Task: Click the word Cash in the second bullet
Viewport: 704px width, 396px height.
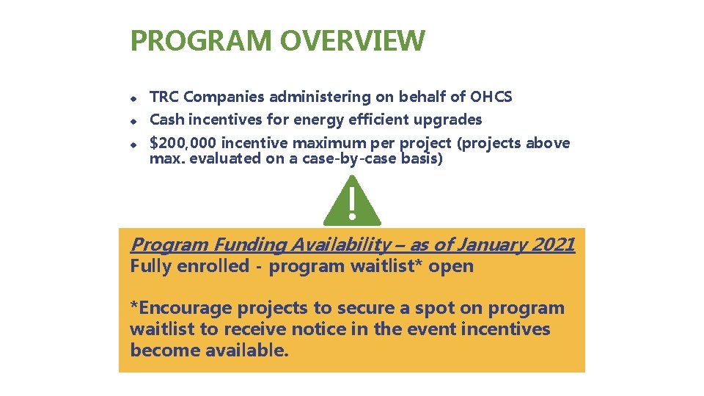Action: [166, 120]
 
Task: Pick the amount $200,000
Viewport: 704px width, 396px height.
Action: [183, 143]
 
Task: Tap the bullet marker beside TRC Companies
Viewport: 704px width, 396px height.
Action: [134, 98]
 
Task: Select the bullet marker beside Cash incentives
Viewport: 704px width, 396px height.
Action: [134, 120]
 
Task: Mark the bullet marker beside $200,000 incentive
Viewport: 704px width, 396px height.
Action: [134, 144]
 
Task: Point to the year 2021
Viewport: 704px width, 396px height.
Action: [554, 245]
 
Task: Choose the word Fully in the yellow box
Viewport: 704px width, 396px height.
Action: [152, 266]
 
